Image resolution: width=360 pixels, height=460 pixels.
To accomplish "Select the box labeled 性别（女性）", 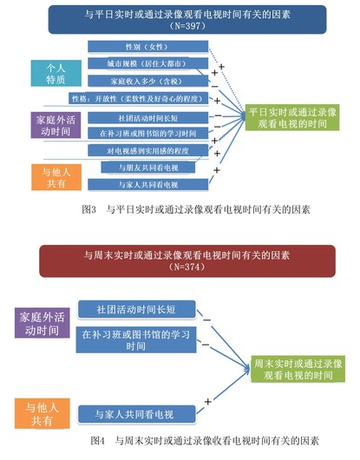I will pos(147,47).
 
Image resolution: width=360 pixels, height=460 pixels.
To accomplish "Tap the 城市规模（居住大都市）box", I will pos(147,64).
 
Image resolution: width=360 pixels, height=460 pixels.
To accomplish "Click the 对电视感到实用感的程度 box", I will pos(147,150).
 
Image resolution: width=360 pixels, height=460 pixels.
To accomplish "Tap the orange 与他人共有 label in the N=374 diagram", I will pos(40,413).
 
